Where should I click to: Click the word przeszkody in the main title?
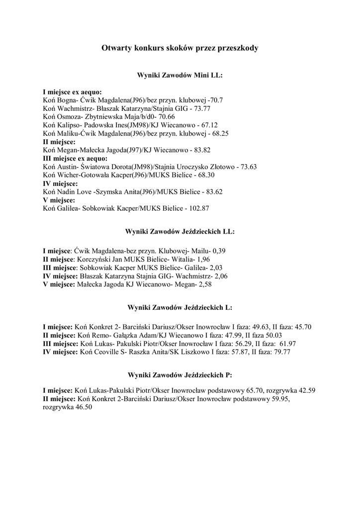pos(235,48)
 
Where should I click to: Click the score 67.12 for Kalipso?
pos(208,125)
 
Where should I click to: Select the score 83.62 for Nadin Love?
pos(212,191)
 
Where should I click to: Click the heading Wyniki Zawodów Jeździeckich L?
pos(180,308)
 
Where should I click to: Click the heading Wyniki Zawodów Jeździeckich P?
pos(180,374)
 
